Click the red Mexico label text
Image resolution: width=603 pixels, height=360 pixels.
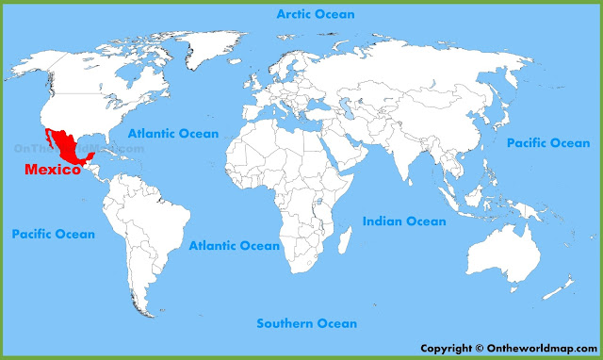point(52,170)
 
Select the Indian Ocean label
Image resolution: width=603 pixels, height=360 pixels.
point(404,221)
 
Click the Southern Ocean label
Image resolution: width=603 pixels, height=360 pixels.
point(307,323)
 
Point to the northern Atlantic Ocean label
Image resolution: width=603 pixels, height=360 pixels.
point(173,134)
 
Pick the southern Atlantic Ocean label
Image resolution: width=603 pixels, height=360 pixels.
point(234,246)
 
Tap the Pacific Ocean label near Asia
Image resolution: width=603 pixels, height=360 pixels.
point(547,143)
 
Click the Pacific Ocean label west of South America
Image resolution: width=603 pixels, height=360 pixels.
point(53,234)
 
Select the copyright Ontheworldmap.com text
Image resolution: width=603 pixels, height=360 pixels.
point(506,347)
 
